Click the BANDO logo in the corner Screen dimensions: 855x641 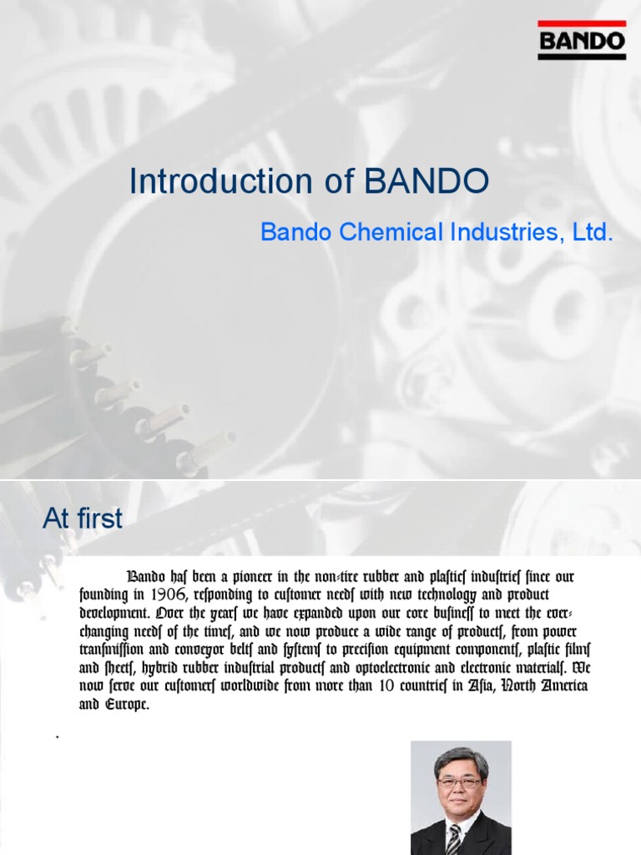582,40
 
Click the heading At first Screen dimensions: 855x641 82,519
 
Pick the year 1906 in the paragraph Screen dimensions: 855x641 179,594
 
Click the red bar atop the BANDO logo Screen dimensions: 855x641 582,23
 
